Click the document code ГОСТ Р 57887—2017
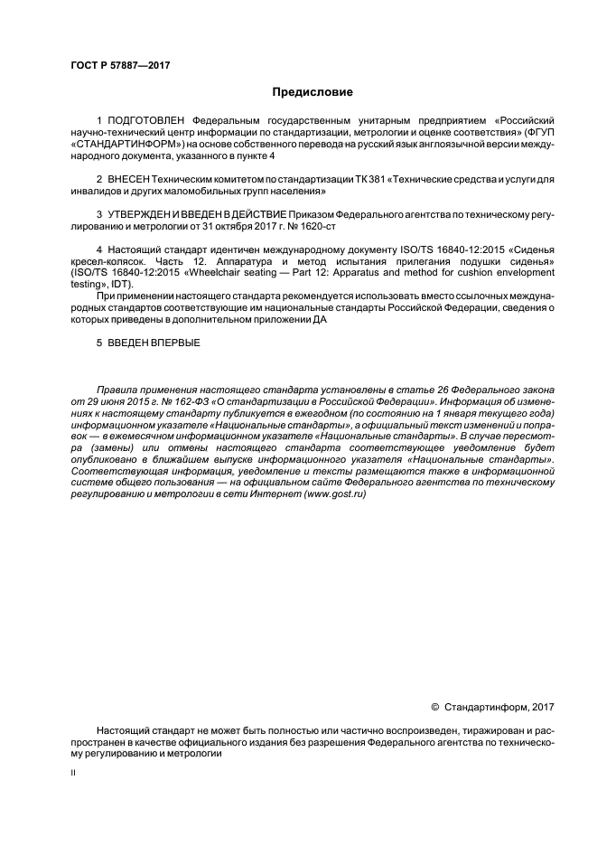pyautogui.click(x=120, y=66)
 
